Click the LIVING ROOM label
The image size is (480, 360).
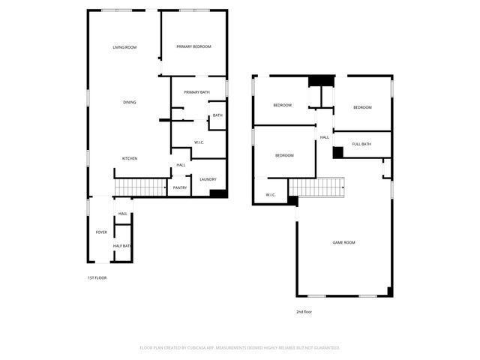point(124,47)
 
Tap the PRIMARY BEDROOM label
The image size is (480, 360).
point(193,46)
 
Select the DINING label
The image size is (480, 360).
point(130,102)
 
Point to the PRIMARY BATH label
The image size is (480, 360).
point(196,92)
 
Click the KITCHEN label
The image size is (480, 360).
point(130,158)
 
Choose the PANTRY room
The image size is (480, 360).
point(180,187)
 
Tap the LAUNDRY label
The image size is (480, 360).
point(208,179)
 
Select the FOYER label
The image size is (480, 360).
point(101,232)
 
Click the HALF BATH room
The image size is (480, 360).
point(122,246)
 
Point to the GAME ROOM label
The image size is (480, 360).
point(343,242)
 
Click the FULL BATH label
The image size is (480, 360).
point(361,144)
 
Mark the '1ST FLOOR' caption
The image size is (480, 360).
point(97,277)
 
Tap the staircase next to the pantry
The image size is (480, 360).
point(139,187)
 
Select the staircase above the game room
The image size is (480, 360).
point(316,187)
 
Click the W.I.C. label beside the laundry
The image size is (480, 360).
point(199,142)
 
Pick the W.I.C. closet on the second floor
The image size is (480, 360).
point(270,195)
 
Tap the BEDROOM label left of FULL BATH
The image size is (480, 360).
point(284,155)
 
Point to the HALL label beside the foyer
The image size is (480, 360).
point(122,214)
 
